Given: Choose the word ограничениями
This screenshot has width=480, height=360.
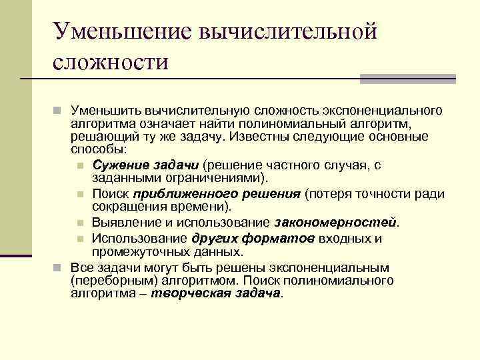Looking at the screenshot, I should pos(213,178).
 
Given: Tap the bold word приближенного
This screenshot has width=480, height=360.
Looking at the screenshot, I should pos(177,193).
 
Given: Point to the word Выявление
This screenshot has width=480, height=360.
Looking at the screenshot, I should pos(122,221).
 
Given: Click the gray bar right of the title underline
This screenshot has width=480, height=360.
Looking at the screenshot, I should pos(407,79).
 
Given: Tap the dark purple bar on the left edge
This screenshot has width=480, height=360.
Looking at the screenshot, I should pos(15,255).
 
